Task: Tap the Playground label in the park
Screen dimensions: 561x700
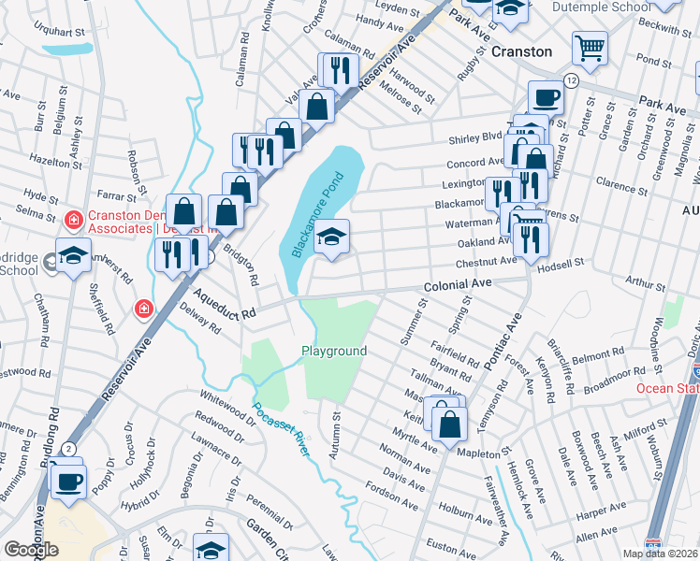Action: click(x=333, y=351)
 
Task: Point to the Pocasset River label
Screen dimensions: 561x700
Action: click(x=281, y=429)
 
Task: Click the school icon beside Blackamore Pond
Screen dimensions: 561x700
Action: click(x=332, y=237)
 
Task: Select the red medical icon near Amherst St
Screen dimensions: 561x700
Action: click(x=143, y=308)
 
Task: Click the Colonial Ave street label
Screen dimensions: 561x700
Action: click(x=457, y=282)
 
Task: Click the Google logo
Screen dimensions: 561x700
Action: click(x=31, y=550)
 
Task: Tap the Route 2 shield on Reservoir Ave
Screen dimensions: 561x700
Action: click(x=69, y=448)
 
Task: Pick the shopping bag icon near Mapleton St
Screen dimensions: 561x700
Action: click(x=450, y=422)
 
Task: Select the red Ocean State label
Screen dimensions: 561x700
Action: click(x=667, y=388)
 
